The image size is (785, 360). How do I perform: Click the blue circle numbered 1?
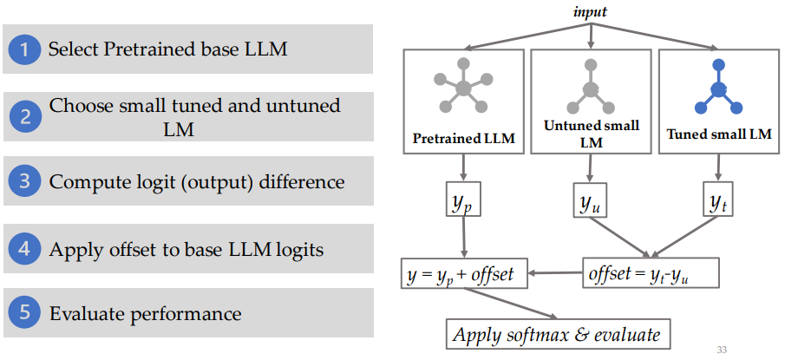(25, 49)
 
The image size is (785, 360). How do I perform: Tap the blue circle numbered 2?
(25, 117)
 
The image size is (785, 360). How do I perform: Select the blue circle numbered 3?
(25, 182)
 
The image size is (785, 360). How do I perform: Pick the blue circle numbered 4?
(25, 250)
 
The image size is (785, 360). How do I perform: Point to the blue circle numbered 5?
(25, 313)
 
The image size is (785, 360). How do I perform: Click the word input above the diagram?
(592, 12)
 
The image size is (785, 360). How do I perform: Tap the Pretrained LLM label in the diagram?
(462, 137)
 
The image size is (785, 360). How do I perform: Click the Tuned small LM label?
(718, 134)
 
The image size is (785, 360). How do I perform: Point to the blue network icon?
(718, 88)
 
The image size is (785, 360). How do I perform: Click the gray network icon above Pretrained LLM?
(462, 88)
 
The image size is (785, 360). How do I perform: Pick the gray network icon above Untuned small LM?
(591, 88)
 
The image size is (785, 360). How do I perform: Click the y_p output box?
(463, 203)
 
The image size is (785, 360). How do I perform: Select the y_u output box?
(591, 203)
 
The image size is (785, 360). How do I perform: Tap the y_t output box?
(718, 203)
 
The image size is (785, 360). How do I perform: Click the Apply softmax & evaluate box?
(557, 335)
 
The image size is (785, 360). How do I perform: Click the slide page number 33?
(723, 350)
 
